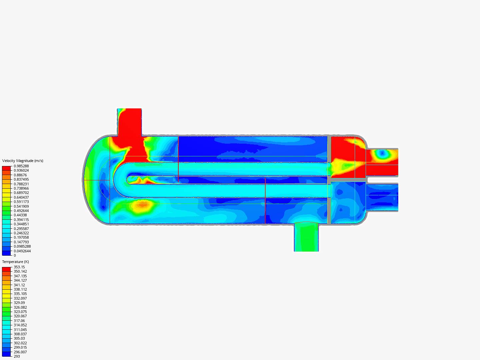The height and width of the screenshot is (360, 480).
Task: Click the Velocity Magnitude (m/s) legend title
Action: (23, 161)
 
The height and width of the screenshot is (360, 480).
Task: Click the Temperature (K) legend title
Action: (16, 262)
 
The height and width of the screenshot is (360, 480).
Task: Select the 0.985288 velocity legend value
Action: (21, 166)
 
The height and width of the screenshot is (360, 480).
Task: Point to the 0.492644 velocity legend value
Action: (21, 211)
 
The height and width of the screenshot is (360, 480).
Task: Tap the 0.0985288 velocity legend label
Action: (22, 246)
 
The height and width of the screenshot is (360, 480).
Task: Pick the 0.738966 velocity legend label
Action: (21, 188)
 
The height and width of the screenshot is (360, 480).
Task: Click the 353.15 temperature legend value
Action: (19, 267)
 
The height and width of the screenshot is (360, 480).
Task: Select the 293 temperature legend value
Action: (17, 356)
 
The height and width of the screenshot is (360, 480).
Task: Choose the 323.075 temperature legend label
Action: (20, 312)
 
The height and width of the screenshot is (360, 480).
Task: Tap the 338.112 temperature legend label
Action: (20, 289)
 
